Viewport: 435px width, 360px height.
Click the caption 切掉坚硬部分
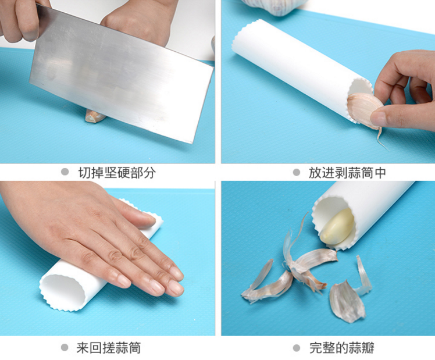[117, 173]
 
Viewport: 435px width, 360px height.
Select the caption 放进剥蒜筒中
[347, 173]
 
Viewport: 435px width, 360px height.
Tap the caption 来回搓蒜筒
[109, 348]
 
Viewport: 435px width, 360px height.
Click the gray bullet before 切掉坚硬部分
[65, 173]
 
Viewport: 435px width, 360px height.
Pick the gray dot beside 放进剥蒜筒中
[296, 173]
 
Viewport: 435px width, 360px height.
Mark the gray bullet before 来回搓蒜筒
[65, 348]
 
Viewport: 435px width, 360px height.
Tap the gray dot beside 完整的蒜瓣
[296, 348]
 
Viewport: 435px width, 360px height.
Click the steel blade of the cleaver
[122, 76]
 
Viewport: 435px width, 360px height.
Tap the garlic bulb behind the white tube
[273, 5]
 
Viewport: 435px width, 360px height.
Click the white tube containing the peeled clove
[372, 209]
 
